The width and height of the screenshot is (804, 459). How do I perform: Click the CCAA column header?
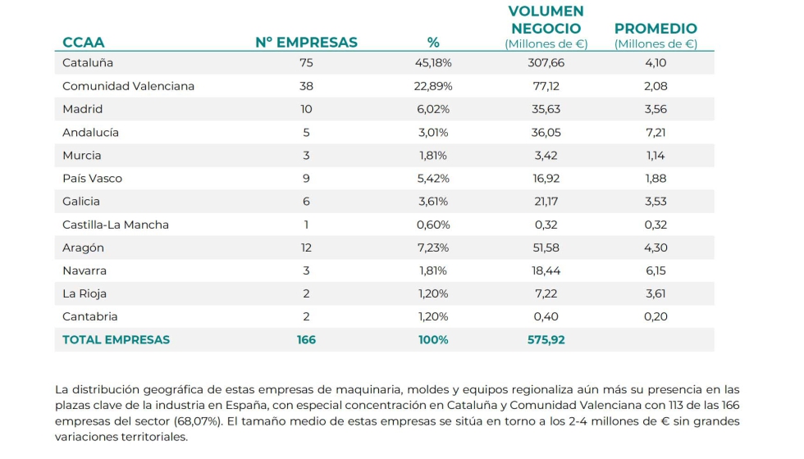click(x=84, y=43)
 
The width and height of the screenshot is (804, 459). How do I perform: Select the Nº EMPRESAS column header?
click(x=306, y=43)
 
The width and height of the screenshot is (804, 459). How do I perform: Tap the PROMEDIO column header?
click(x=656, y=29)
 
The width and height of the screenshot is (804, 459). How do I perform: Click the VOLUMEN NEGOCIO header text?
click(x=546, y=20)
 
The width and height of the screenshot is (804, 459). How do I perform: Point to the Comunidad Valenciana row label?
click(x=129, y=86)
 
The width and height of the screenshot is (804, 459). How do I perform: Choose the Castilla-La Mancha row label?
click(x=116, y=225)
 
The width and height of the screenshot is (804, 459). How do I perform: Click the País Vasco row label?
click(x=92, y=179)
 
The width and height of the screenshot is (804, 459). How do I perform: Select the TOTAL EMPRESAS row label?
click(x=116, y=339)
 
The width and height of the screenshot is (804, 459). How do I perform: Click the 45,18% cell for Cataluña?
click(x=434, y=62)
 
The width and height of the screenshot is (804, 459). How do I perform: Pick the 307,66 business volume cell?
click(x=546, y=62)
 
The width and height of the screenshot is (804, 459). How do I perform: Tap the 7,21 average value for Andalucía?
click(x=656, y=132)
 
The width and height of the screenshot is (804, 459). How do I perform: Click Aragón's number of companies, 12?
click(x=307, y=248)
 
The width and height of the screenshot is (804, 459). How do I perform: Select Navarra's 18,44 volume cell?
click(x=546, y=270)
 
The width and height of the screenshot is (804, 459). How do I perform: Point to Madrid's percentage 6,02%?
click(x=434, y=109)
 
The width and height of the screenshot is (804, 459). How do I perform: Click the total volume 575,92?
click(x=546, y=339)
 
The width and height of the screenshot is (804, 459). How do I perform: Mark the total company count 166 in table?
click(x=306, y=339)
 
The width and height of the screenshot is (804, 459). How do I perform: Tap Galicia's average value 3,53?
click(x=656, y=202)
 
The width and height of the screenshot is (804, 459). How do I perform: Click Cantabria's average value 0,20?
click(x=656, y=316)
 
